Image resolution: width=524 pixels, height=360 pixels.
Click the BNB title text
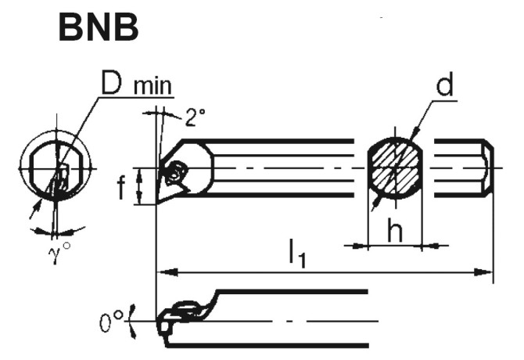click(99, 29)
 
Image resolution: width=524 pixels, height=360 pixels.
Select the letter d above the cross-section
click(445, 87)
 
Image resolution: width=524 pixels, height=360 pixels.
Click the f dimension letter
click(122, 189)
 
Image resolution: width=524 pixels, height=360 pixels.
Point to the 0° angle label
click(112, 321)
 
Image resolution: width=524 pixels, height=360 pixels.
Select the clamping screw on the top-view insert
click(177, 169)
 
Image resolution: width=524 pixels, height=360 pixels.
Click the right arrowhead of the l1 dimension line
click(488, 272)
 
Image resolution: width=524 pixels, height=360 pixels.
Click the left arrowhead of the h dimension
click(362, 246)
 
